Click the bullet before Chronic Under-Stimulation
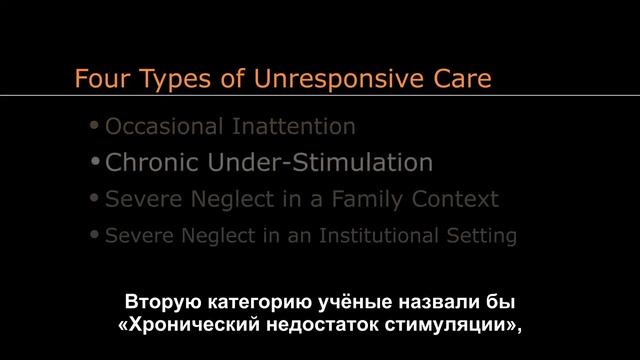[x=96, y=161]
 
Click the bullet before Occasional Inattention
[x=95, y=126]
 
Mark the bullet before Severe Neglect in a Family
[x=95, y=198]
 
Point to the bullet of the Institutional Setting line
[x=95, y=236]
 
